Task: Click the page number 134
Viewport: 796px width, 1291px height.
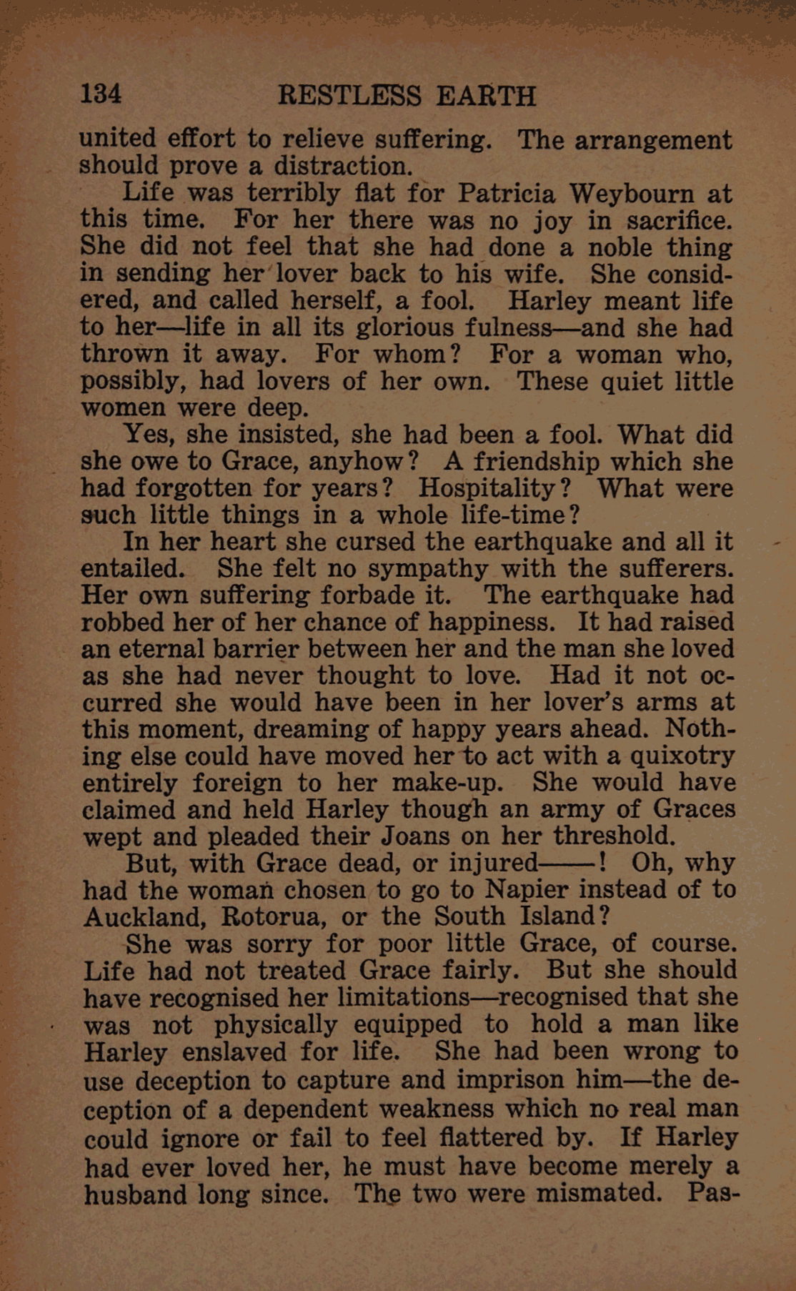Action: [x=101, y=94]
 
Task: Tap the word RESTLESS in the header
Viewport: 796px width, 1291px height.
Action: [x=349, y=96]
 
